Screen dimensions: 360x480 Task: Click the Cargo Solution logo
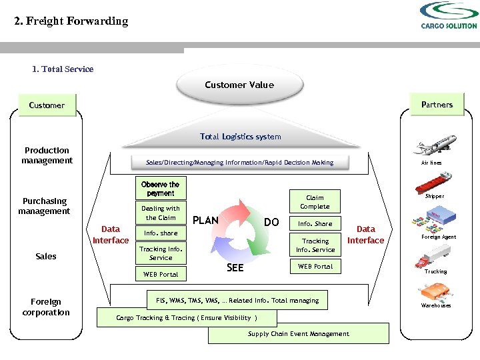point(448,15)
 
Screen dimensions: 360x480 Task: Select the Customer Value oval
point(239,85)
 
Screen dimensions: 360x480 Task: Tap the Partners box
point(437,105)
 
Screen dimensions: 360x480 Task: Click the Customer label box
point(47,105)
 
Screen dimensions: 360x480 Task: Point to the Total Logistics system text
point(240,137)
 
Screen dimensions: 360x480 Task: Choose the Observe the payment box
point(160,189)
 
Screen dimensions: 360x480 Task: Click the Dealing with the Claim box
point(160,213)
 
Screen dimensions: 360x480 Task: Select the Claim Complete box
point(315,202)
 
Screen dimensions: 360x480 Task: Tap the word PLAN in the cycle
point(205,221)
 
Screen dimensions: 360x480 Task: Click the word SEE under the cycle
point(235,267)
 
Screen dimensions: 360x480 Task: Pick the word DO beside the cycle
point(271,221)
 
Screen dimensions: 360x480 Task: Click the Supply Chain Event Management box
point(298,333)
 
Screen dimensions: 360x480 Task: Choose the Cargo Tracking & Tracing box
point(187,317)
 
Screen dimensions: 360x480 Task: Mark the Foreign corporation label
point(46,307)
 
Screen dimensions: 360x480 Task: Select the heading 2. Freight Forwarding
point(71,21)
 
